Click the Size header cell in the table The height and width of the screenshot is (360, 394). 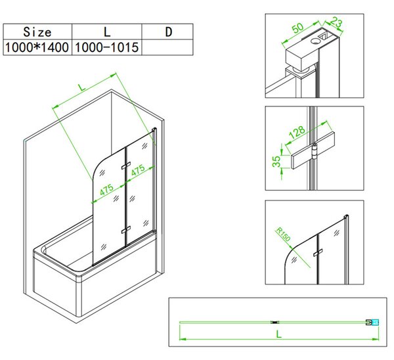[37, 32]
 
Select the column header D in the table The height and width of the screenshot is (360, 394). [169, 32]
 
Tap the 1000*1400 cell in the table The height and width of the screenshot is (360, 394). [37, 47]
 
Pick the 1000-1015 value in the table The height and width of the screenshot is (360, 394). [107, 47]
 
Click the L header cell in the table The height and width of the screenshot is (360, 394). [107, 32]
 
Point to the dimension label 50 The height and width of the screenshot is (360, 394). [298, 28]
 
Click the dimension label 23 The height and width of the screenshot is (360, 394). [336, 22]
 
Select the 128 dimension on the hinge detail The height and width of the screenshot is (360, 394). [297, 132]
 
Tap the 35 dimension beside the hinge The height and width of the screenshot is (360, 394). [276, 162]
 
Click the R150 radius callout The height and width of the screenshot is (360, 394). [283, 234]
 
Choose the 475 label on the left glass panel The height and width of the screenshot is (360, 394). [106, 190]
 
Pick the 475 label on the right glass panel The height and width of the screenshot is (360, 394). [138, 170]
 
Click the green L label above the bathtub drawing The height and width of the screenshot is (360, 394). [81, 87]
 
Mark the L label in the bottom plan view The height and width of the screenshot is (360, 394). [278, 334]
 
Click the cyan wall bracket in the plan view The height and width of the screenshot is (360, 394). [375, 323]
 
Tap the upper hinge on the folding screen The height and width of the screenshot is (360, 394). [125, 166]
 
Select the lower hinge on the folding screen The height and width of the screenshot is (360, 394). [125, 230]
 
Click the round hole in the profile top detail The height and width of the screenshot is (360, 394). [315, 40]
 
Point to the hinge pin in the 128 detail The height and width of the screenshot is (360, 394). [314, 151]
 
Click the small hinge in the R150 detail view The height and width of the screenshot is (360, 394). [318, 253]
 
